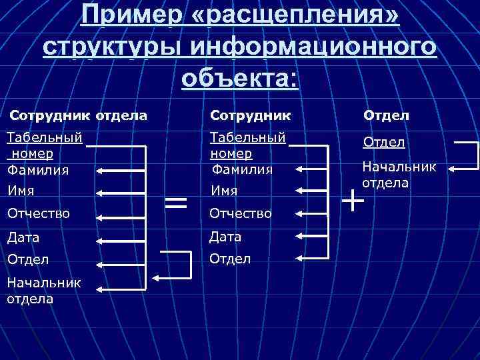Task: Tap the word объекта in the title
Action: click(x=240, y=78)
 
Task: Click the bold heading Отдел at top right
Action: click(x=386, y=116)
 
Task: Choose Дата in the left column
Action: click(x=23, y=237)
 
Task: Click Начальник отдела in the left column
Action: click(x=43, y=290)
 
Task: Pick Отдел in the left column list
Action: click(x=27, y=259)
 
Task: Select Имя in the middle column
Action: click(x=224, y=191)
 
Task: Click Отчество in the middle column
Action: click(x=241, y=213)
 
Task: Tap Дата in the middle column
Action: click(x=226, y=237)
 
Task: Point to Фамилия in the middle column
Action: click(x=242, y=169)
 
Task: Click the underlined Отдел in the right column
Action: click(x=384, y=143)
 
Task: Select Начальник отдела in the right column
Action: click(x=399, y=174)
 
